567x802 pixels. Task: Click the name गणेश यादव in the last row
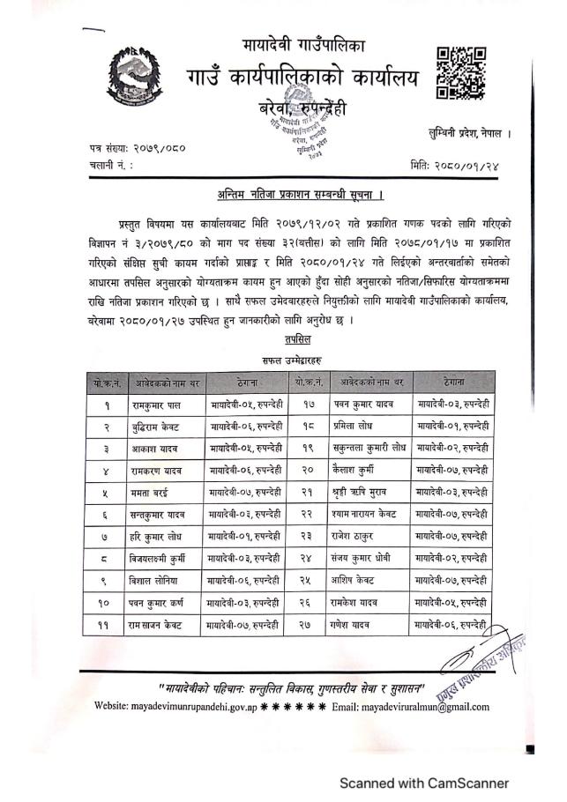click(355, 624)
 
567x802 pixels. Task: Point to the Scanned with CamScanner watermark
click(424, 782)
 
